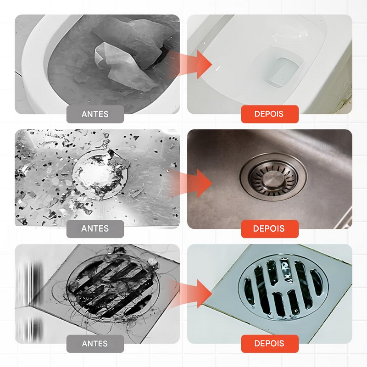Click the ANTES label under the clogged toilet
[95, 114]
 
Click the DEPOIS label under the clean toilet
[269, 114]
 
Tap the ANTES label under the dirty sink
[95, 228]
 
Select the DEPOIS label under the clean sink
[269, 228]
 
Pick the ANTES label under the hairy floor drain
[95, 343]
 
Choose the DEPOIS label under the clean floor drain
[269, 343]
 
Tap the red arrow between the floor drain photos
[193, 294]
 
